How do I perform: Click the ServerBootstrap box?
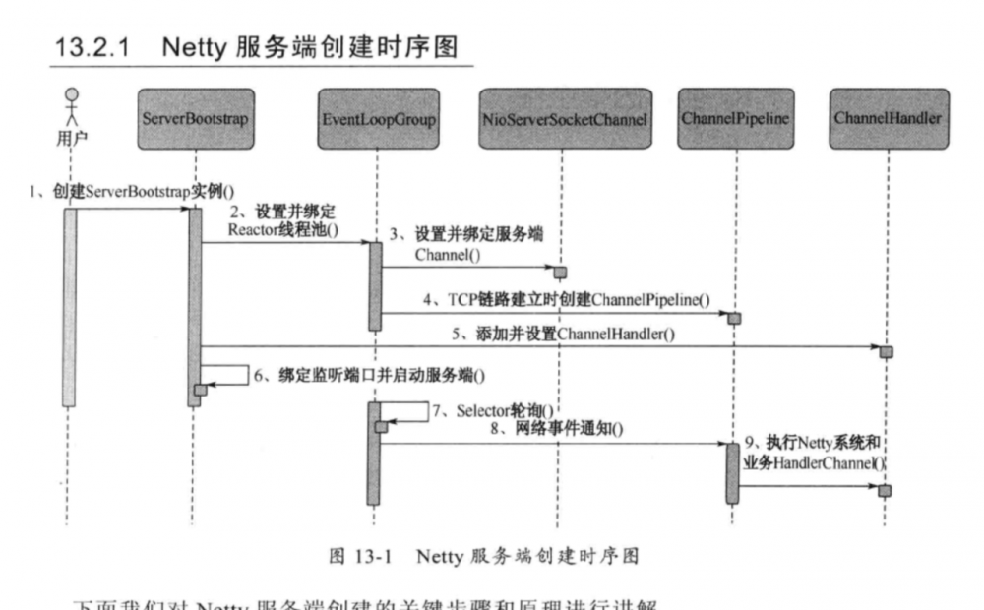[194, 119]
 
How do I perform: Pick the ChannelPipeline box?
[732, 119]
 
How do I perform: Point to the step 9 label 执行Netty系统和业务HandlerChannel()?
[817, 453]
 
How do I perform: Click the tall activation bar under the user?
[70, 306]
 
